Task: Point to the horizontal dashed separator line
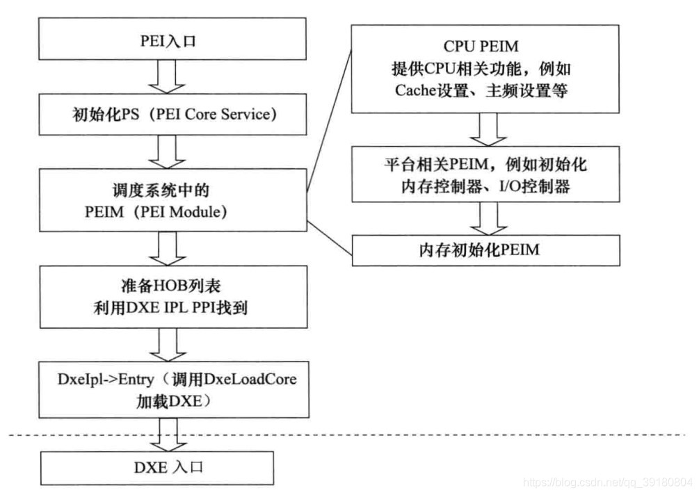(417, 435)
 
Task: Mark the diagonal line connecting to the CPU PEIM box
(329, 111)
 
